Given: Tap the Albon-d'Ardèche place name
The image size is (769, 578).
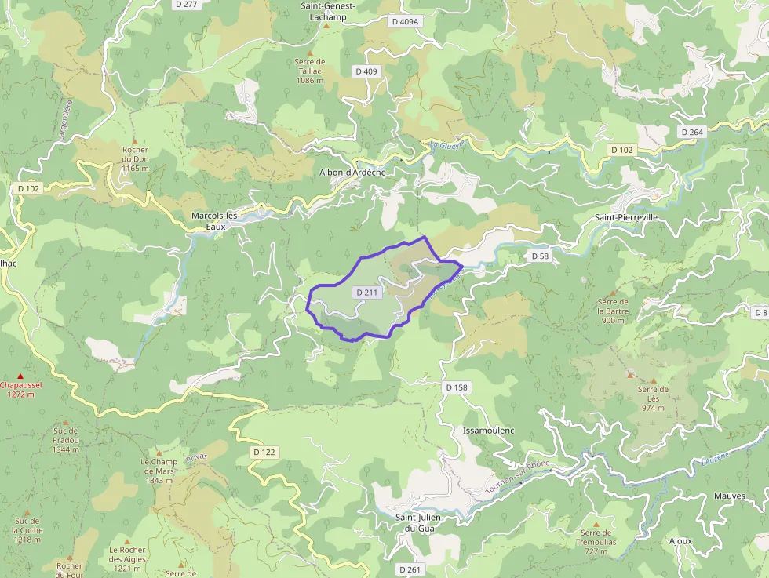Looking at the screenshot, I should pos(352,172).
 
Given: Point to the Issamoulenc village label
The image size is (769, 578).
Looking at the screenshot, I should pos(488,431).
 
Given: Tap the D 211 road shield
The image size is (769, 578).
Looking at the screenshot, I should pos(366,293).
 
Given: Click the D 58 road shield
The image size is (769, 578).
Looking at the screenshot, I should pos(539,256).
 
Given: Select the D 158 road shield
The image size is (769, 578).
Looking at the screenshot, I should pos(456,387).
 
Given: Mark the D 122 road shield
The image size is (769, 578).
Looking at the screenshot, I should pos(265,453).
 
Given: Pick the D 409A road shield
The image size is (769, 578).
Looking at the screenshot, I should pos(405,21).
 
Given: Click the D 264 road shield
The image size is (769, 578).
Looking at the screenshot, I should pos(691,132).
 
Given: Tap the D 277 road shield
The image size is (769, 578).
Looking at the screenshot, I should pos(186,4).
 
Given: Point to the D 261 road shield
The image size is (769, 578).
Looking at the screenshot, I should pos(410,569).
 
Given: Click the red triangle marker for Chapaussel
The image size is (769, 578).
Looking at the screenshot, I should pos(20,376).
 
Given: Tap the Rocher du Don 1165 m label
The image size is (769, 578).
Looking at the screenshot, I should pos(135,158).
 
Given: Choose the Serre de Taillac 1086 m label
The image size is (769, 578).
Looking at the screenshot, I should pos(310,71).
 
